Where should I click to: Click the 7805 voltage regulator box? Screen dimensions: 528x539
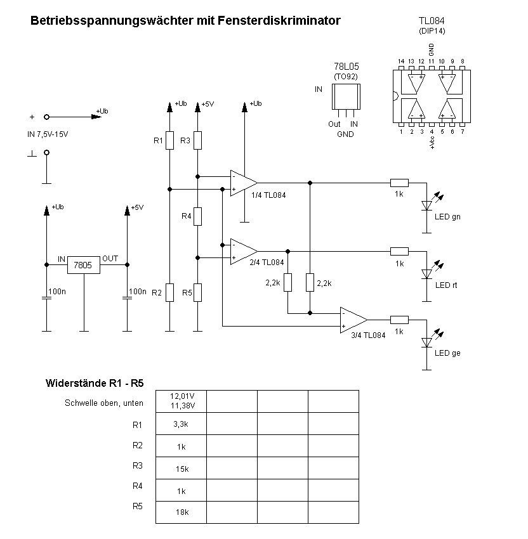(x=84, y=265)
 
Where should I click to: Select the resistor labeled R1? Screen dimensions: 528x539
(x=169, y=140)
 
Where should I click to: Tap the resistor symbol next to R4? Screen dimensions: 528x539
(x=197, y=216)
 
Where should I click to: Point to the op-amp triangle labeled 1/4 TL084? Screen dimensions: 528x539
(x=244, y=183)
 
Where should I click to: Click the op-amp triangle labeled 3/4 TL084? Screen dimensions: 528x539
(x=353, y=320)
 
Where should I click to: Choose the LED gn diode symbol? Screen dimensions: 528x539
(x=426, y=205)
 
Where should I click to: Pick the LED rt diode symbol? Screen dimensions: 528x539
(x=426, y=274)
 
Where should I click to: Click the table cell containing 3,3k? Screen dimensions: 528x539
(x=181, y=424)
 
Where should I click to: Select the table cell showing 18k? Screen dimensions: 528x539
(x=181, y=512)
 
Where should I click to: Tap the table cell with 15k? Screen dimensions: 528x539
(x=181, y=468)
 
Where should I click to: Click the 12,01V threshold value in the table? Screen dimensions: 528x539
(x=183, y=396)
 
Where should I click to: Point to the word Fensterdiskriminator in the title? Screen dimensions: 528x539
(x=279, y=21)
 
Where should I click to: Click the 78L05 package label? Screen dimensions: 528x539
(x=346, y=67)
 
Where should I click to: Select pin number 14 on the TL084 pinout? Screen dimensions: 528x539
(x=401, y=61)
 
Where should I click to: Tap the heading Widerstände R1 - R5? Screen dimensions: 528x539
(x=95, y=383)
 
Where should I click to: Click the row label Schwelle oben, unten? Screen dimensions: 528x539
(x=104, y=403)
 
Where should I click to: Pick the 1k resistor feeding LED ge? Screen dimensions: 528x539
(x=399, y=320)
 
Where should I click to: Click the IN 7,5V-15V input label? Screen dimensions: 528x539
(x=48, y=134)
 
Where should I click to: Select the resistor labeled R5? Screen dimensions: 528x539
(x=197, y=293)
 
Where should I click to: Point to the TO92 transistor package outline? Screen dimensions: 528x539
(x=346, y=96)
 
